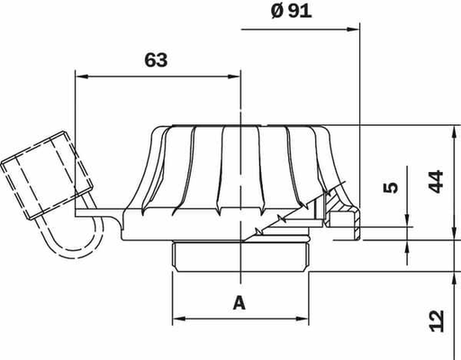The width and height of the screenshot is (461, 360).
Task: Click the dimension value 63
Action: pos(156,60)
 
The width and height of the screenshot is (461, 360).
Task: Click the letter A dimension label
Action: pos(239,302)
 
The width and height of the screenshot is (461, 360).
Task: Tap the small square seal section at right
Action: pos(343,220)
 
